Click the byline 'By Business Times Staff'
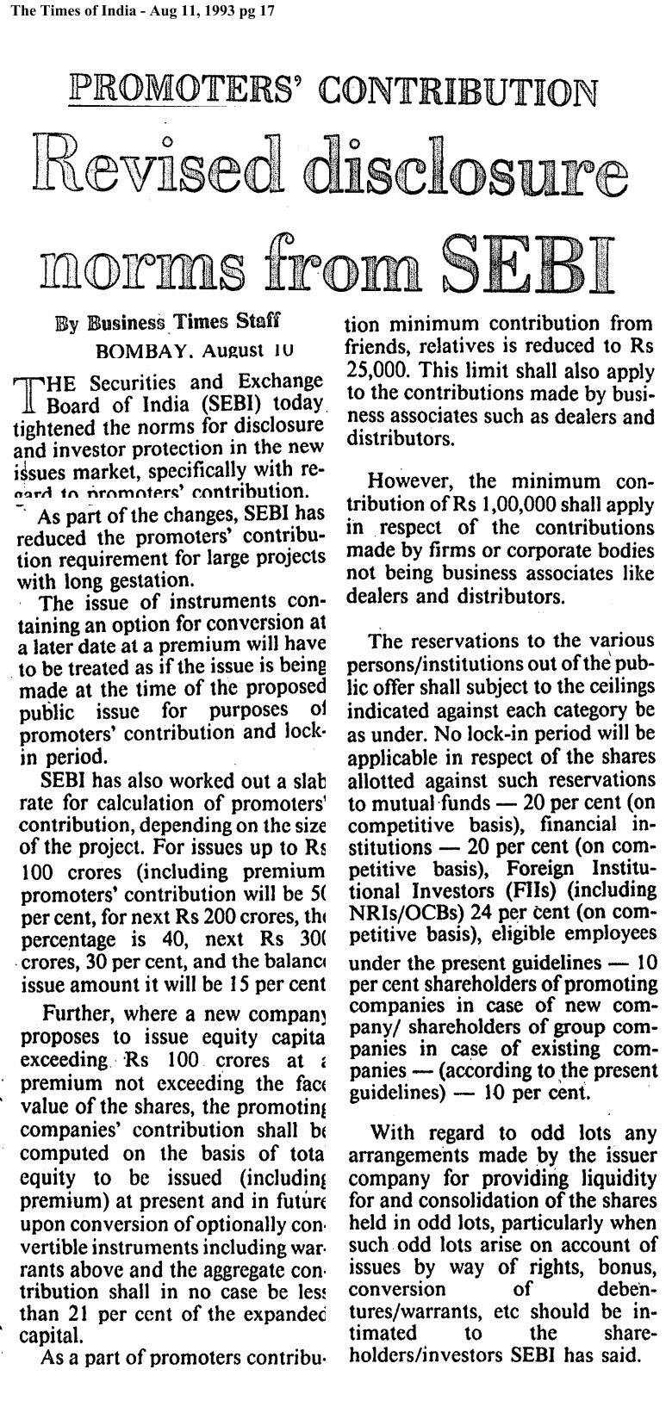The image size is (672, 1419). tap(168, 323)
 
